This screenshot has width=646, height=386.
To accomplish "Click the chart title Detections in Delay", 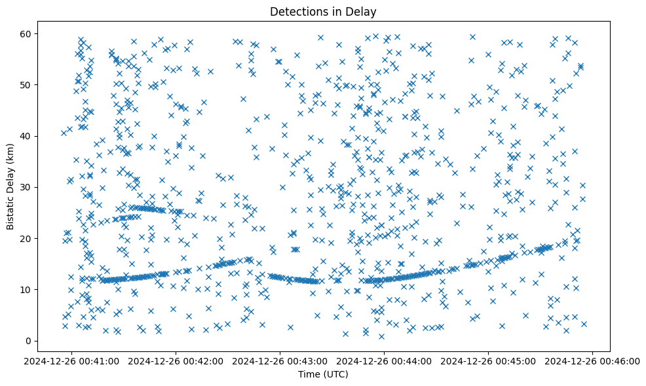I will pyautogui.click(x=323, y=11).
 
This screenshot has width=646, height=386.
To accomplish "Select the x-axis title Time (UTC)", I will pyautogui.click(x=323, y=375).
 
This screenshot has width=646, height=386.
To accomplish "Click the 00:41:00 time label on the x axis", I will pyautogui.click(x=71, y=360).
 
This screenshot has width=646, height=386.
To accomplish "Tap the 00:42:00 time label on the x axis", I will pyautogui.click(x=176, y=360).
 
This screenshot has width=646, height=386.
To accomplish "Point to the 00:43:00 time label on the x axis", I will pyautogui.click(x=280, y=360).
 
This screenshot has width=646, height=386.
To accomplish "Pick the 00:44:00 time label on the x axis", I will pyautogui.click(x=385, y=360).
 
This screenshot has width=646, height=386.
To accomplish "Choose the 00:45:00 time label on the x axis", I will pyautogui.click(x=489, y=360).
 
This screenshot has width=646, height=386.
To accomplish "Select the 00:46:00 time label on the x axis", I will pyautogui.click(x=593, y=360).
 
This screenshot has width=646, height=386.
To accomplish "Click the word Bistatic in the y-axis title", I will pyautogui.click(x=10, y=211).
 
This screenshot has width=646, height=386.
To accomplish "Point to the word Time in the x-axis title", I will pyautogui.click(x=308, y=375).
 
